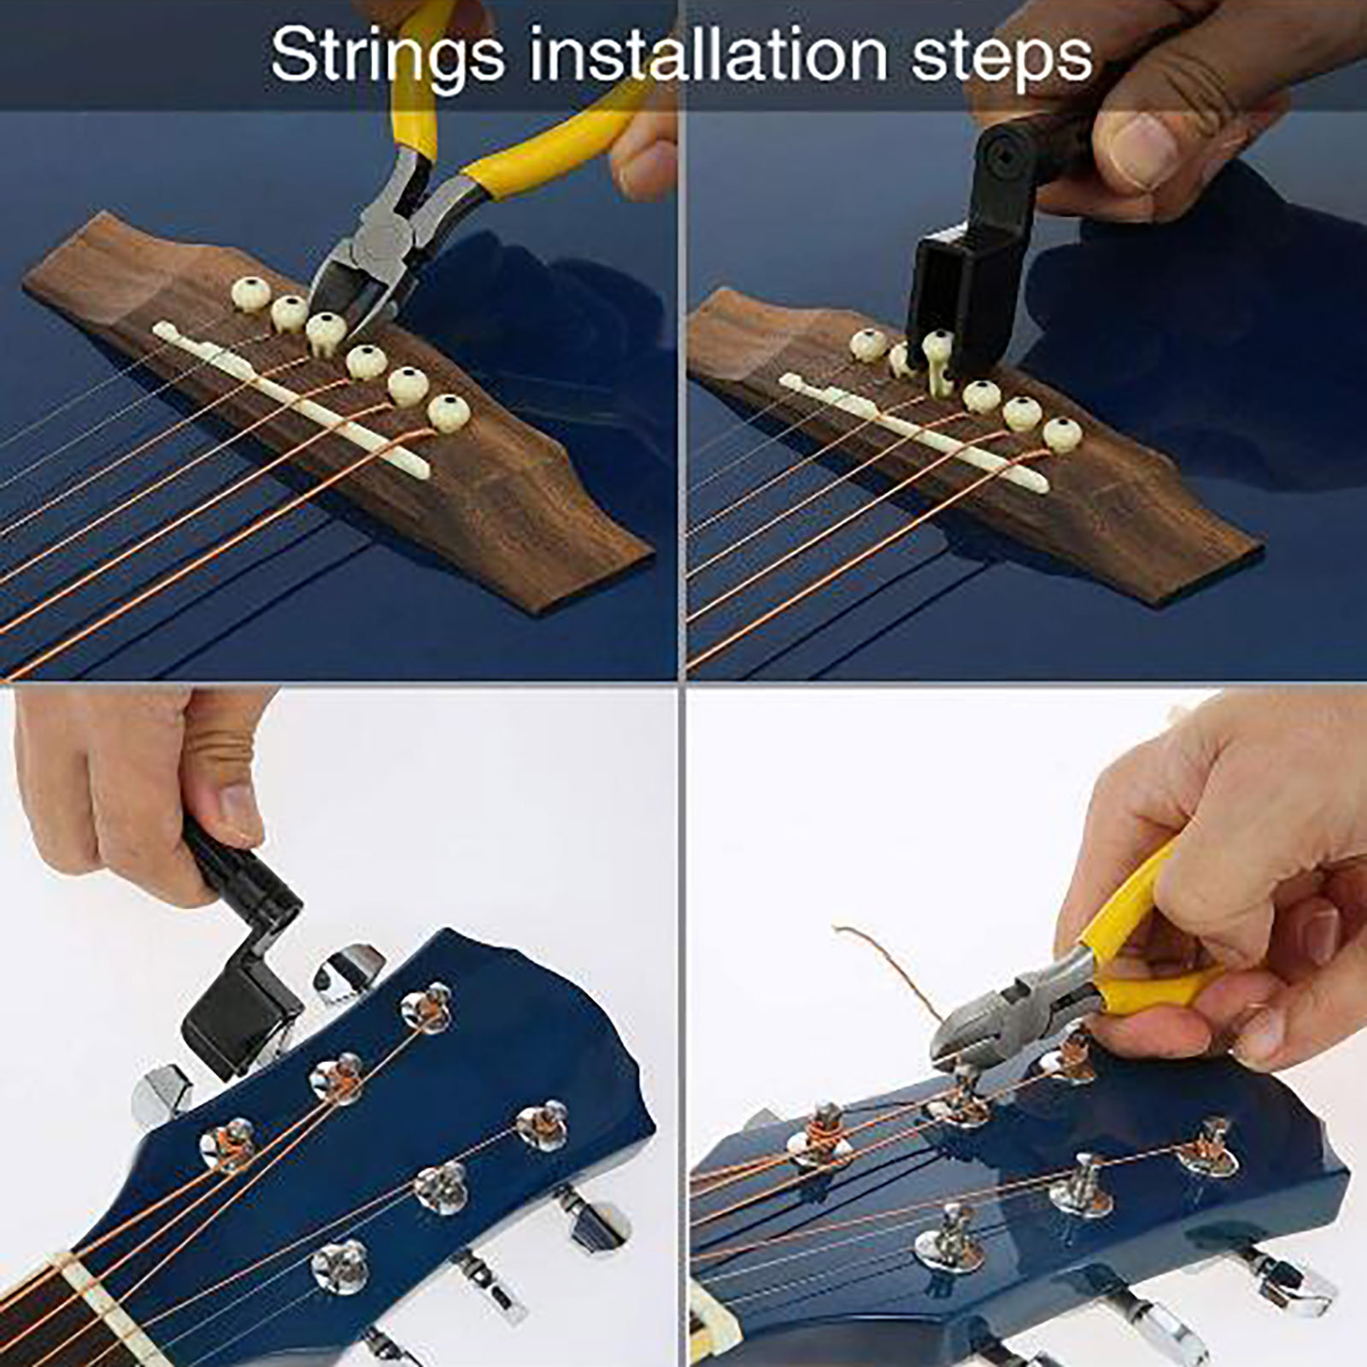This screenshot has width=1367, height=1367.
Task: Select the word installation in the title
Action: (x=708, y=55)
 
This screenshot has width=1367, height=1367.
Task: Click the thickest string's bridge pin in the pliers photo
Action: (x=449, y=413)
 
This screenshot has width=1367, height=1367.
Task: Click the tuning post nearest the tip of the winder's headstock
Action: (x=427, y=1008)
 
